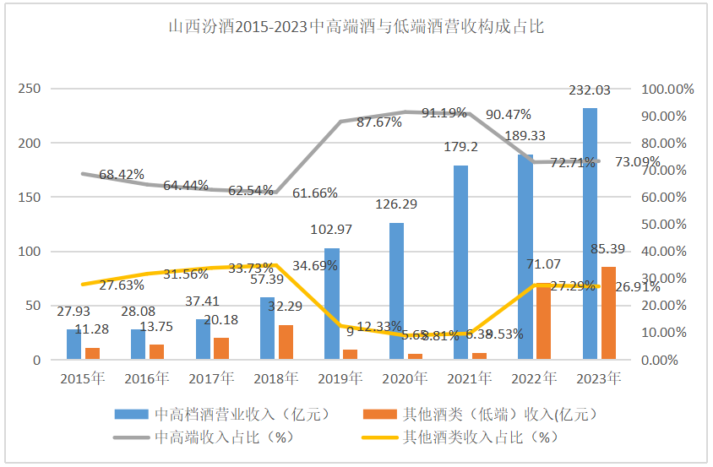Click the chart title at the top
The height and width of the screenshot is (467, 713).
(356, 27)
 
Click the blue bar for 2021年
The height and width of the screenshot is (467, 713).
(460, 263)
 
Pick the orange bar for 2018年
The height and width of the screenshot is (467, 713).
(286, 342)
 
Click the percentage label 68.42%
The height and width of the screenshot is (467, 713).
(122, 175)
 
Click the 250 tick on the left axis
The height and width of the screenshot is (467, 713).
(30, 90)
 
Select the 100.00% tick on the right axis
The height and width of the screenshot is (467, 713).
(667, 90)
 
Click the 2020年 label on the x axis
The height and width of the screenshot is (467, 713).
(404, 377)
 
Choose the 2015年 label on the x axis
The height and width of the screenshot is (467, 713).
(82, 377)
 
